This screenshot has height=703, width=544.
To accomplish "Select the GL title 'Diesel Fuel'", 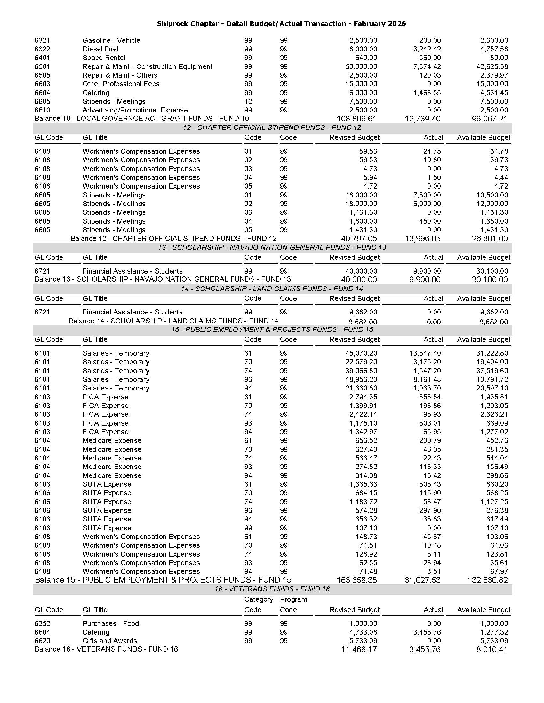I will click(100, 49).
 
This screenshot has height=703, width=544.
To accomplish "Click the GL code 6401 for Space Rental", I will click(42, 58).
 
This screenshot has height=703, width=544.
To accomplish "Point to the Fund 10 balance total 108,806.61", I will click(356, 119).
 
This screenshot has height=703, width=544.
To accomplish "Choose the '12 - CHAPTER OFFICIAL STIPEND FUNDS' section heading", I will click(272, 128).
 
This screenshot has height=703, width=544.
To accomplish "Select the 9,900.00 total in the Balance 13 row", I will click(425, 279).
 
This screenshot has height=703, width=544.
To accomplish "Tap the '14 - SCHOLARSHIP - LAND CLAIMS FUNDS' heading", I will click(272, 289).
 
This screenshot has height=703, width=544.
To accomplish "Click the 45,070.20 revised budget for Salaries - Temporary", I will click(361, 353).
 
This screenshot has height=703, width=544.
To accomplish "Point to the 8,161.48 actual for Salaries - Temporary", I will click(427, 380).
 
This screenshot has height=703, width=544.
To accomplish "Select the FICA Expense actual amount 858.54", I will click(430, 397).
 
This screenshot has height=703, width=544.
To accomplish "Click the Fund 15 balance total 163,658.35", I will click(356, 580).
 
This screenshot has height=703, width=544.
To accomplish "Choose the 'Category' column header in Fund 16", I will click(259, 599).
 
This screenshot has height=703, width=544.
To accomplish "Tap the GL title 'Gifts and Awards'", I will click(109, 641).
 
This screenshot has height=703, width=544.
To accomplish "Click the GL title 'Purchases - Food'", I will click(110, 623).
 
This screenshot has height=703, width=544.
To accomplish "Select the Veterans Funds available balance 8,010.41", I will click(492, 650).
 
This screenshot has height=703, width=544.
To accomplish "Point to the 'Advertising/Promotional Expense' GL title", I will click(135, 110).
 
